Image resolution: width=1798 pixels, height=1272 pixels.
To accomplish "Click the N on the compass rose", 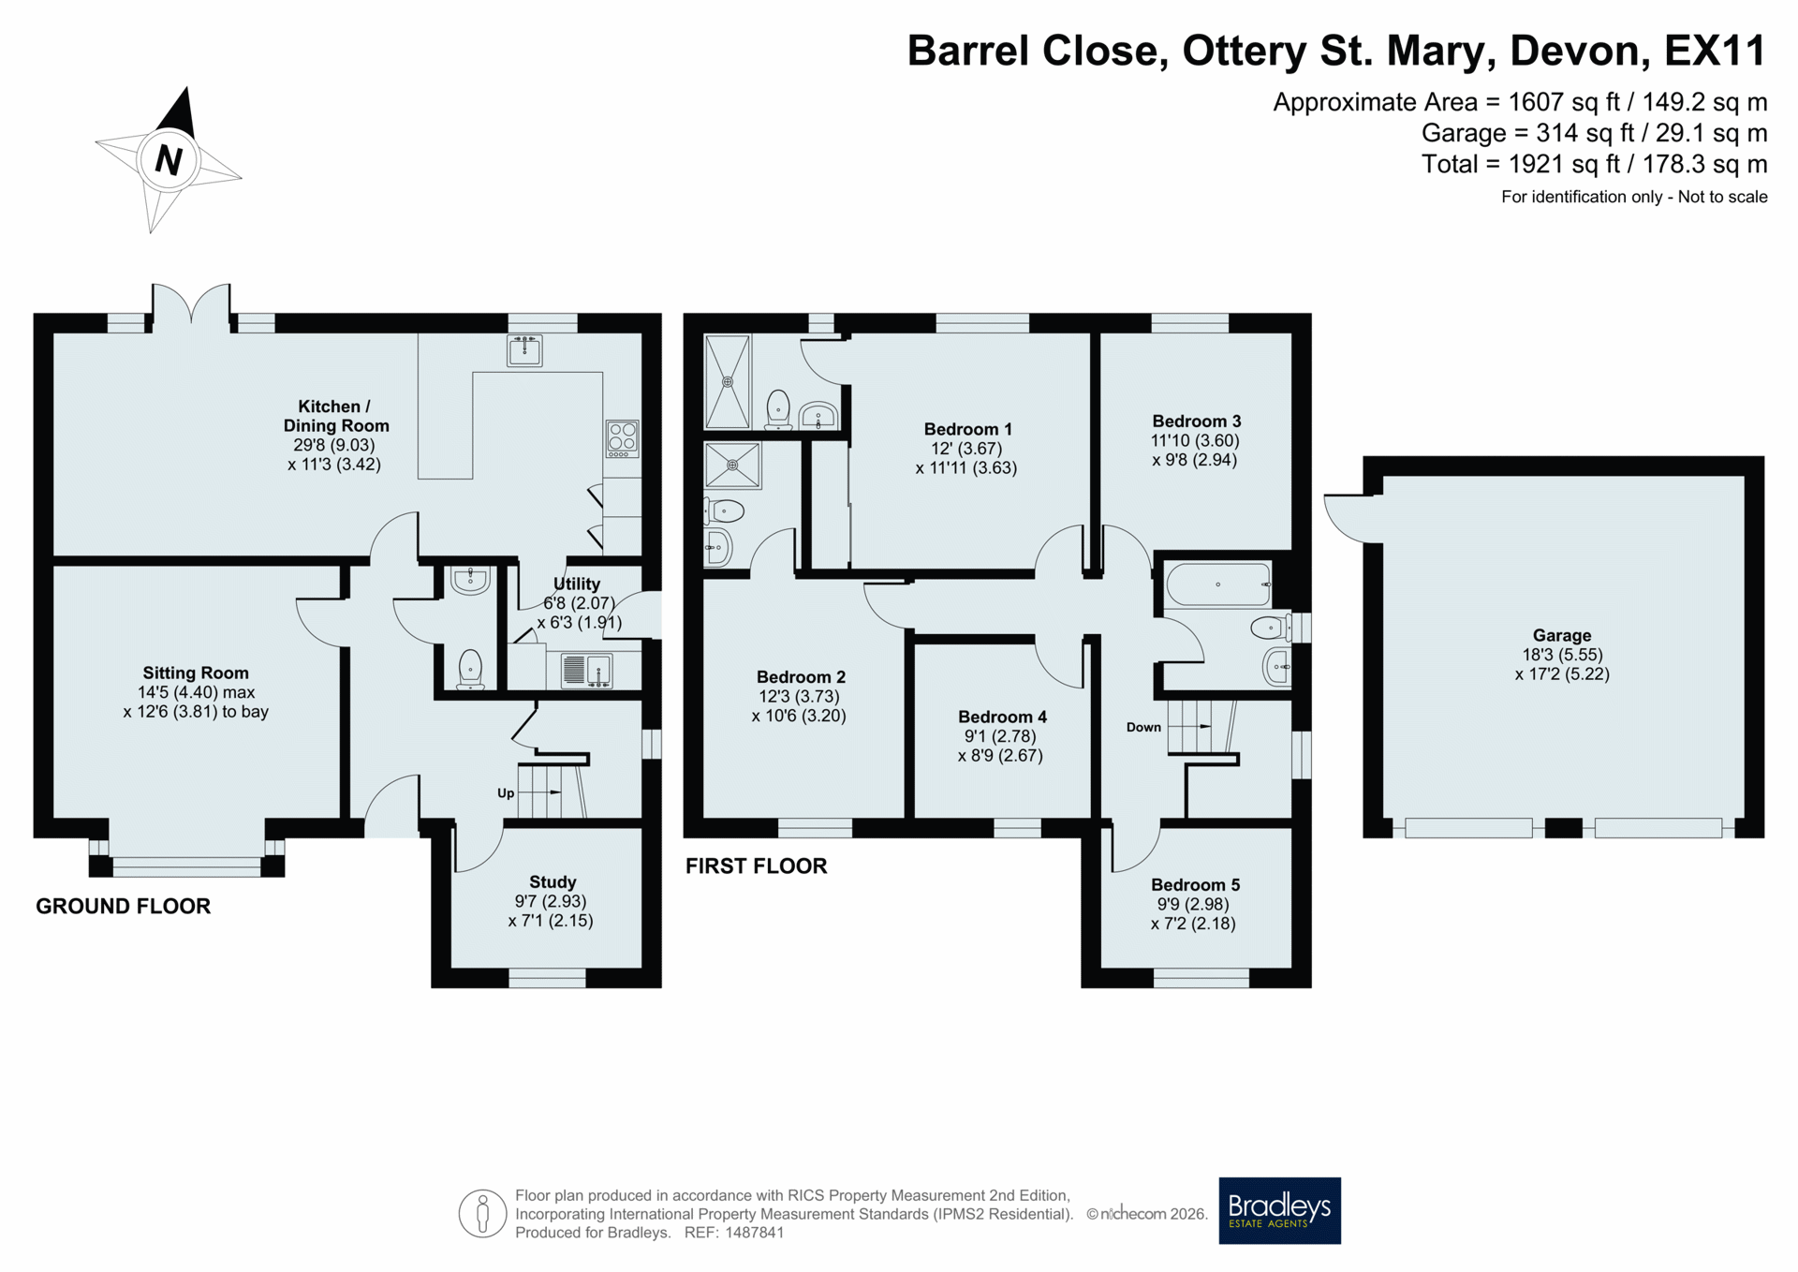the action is pyautogui.click(x=169, y=160).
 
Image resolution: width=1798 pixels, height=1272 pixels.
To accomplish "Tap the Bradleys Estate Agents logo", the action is pyautogui.click(x=1279, y=1210).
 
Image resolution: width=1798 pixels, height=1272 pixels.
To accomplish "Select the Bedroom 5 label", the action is pyautogui.click(x=1195, y=885).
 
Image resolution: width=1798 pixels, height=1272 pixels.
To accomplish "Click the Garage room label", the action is pyautogui.click(x=1562, y=635).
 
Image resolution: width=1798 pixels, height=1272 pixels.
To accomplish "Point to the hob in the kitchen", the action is pyautogui.click(x=623, y=438).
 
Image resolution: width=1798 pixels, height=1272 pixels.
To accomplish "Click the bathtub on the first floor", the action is pyautogui.click(x=1218, y=584).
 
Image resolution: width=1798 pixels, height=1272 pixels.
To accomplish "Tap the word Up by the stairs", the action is pyautogui.click(x=506, y=793).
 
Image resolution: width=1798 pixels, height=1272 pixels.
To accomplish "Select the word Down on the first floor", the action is pyautogui.click(x=1143, y=727).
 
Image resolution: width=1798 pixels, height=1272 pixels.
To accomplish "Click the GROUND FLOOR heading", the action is pyautogui.click(x=124, y=906).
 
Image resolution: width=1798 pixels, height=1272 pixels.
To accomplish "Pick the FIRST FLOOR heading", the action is pyautogui.click(x=757, y=866).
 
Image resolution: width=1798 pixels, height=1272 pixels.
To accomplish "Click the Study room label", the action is pyautogui.click(x=553, y=882).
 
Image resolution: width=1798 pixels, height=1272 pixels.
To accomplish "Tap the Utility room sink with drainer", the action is pyautogui.click(x=586, y=671).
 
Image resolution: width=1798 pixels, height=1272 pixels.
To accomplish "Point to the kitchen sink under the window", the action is pyautogui.click(x=524, y=349).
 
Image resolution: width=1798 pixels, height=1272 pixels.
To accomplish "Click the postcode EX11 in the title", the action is pyautogui.click(x=1716, y=51).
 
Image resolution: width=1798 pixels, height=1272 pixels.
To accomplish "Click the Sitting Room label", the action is pyautogui.click(x=196, y=673).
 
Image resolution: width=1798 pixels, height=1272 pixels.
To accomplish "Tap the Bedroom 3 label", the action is pyautogui.click(x=1197, y=422).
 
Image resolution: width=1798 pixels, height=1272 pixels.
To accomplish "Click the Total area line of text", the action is pyautogui.click(x=1594, y=164).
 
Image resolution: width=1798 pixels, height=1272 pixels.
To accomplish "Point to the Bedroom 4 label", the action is pyautogui.click(x=1002, y=717).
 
